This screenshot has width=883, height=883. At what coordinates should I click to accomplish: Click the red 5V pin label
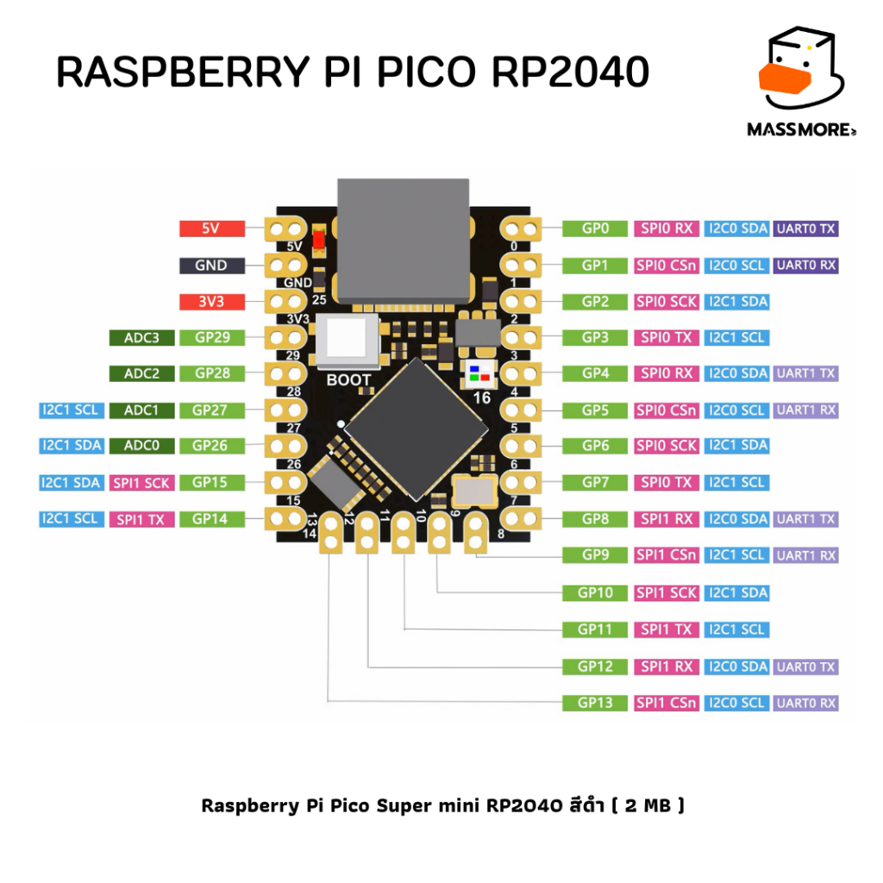[211, 229]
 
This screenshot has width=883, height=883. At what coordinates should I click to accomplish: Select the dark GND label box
[211, 266]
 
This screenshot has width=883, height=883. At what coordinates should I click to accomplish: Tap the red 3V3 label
[211, 302]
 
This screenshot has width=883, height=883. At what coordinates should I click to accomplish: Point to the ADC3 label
[141, 337]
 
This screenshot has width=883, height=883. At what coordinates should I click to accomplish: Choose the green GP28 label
[211, 373]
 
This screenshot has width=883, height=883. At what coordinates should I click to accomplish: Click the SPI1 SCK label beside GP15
[141, 483]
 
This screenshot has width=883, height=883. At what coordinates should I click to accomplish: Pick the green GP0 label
[595, 229]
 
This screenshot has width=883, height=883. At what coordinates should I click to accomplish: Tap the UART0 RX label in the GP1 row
[805, 266]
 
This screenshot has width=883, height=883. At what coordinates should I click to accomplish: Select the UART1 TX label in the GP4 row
[805, 373]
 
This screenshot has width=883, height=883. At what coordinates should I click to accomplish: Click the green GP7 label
[595, 483]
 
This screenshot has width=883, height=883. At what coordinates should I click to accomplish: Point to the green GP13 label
[595, 703]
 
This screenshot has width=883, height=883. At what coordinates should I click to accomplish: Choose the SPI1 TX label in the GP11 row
[665, 629]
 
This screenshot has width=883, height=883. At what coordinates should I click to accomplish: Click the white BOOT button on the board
[348, 342]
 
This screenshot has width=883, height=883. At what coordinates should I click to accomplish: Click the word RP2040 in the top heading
[569, 73]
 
